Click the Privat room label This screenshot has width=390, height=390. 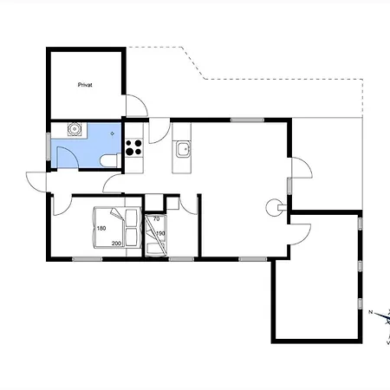(x=85, y=85)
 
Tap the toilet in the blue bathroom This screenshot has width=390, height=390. (x=110, y=160)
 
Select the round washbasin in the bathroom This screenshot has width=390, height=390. (x=75, y=129)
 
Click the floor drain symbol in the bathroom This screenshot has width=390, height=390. (x=113, y=133)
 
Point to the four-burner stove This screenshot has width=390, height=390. (x=133, y=147)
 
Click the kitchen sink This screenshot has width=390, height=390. (x=183, y=149)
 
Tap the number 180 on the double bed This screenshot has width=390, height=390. (x=101, y=228)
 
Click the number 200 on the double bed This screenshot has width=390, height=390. (x=116, y=244)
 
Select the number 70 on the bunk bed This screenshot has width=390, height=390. (x=156, y=219)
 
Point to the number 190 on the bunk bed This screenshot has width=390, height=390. (x=160, y=233)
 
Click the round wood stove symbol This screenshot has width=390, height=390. (x=274, y=208)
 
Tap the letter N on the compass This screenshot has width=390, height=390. (x=371, y=312)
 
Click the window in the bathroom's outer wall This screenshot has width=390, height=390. (x=49, y=146)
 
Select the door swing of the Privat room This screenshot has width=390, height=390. (x=137, y=106)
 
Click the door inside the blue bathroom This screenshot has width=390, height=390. (x=68, y=157)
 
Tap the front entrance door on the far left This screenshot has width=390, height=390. (x=36, y=182)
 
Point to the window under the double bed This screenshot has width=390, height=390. (x=87, y=259)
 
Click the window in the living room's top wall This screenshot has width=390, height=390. (x=247, y=120)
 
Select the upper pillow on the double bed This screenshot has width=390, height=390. (x=132, y=218)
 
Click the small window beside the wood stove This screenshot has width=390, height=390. (x=289, y=186)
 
